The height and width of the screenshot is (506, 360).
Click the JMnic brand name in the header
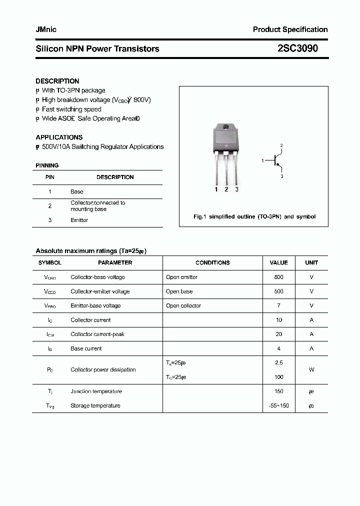click(46, 29)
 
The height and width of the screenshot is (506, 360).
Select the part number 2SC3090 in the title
click(297, 48)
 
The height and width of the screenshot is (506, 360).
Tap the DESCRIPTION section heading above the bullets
click(57, 81)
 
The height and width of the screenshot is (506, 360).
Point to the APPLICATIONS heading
click(59, 137)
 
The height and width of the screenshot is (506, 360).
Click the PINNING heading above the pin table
click(47, 165)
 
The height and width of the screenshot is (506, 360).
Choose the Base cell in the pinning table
click(77, 191)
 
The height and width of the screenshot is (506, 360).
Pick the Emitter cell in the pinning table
click(79, 220)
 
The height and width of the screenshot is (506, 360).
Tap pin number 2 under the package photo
click(226, 189)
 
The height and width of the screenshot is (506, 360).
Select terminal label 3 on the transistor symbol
click(281, 176)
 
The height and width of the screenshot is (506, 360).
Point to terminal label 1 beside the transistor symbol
click(262, 160)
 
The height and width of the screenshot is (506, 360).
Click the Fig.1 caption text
click(254, 217)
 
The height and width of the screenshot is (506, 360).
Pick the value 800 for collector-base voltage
click(278, 277)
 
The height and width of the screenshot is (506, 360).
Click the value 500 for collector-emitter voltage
click(278, 291)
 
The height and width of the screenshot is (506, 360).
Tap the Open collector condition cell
click(183, 305)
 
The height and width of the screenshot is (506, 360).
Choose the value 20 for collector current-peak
click(278, 334)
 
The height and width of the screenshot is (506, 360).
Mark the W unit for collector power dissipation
click(311, 370)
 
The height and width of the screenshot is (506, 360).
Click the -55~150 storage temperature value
click(278, 405)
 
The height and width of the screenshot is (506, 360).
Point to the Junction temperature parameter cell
click(96, 391)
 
